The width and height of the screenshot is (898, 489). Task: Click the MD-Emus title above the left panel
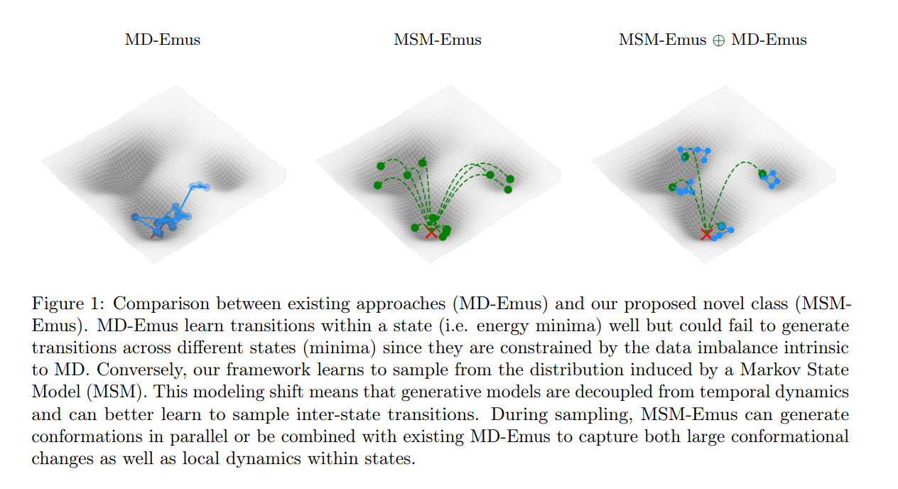pos(163,40)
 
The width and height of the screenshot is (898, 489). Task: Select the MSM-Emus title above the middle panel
pos(438,40)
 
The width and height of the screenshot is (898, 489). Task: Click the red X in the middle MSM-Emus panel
pos(431,232)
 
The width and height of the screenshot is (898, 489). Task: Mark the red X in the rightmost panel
pos(706,234)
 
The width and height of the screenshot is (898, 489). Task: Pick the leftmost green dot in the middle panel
pos(377,186)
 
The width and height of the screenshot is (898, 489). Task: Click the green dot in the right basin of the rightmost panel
pos(762,173)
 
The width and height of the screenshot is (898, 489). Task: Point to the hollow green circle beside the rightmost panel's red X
pos(722,226)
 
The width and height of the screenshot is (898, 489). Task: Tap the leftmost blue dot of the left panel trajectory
pos(135,217)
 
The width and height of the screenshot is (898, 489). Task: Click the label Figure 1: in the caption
pos(69,304)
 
